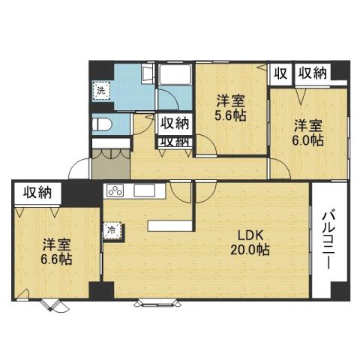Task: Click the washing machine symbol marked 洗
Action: coord(100,90)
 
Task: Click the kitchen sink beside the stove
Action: coord(144,190)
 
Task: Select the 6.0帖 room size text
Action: coord(308,139)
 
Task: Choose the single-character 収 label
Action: coord(280,73)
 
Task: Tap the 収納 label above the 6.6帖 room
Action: coord(37,192)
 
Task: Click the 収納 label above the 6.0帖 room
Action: coord(312,73)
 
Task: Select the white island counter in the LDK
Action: coord(171,226)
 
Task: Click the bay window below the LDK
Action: coord(155,303)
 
